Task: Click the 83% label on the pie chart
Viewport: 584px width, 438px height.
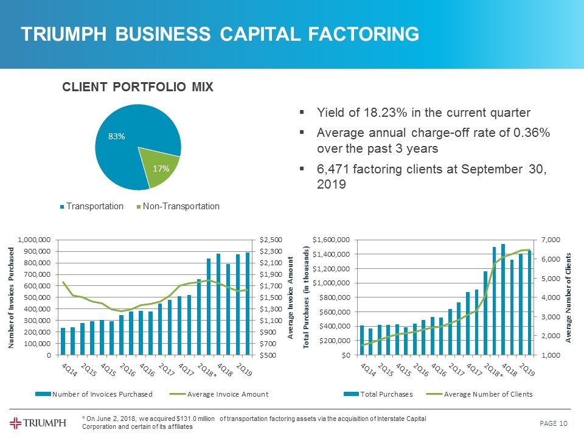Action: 117,137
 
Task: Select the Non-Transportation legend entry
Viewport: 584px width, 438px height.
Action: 179,207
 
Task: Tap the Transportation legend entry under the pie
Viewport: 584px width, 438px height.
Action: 94,207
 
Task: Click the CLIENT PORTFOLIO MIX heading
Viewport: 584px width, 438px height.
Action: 137,87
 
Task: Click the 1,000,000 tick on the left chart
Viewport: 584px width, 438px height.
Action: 36,240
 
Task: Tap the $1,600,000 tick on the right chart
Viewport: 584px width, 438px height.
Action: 330,240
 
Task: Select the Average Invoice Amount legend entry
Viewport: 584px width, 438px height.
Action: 228,394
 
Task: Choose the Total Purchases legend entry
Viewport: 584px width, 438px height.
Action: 387,394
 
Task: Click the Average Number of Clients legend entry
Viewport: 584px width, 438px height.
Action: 488,394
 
